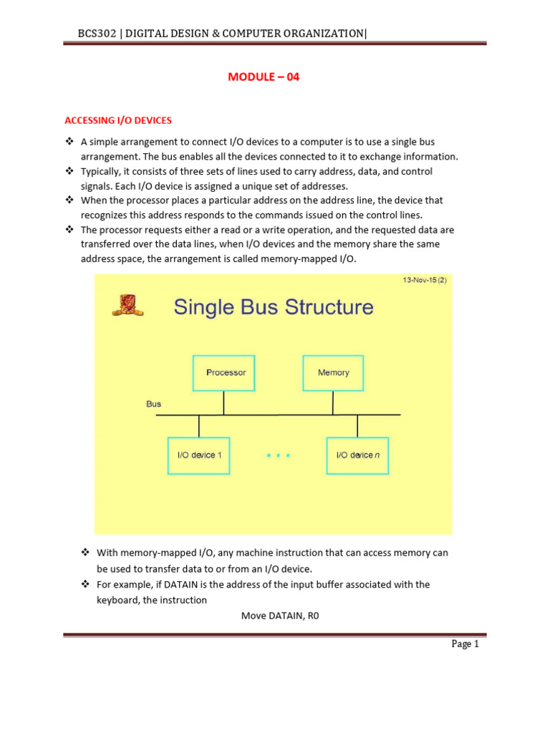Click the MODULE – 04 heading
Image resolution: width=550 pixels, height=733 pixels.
(x=263, y=77)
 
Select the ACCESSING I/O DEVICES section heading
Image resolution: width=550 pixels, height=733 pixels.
(x=118, y=120)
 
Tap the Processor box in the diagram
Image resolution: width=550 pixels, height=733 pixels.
(x=224, y=372)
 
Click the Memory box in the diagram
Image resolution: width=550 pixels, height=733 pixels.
(x=333, y=372)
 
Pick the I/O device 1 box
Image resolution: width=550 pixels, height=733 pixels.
(x=199, y=455)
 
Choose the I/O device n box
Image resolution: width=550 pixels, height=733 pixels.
(x=357, y=455)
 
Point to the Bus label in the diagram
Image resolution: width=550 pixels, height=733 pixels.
(x=154, y=404)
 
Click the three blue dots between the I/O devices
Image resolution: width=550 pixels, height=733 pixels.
(x=278, y=455)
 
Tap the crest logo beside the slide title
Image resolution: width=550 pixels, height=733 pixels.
(x=127, y=306)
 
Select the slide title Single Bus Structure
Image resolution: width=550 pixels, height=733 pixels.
(x=274, y=307)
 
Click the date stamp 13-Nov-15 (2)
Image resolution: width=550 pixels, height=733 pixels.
(x=424, y=281)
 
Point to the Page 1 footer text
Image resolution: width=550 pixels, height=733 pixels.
(x=465, y=644)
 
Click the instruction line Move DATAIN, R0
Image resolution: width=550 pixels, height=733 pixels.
(x=279, y=615)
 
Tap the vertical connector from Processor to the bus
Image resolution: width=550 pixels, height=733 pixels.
(x=224, y=402)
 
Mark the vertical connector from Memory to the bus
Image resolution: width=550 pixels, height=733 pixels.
(x=333, y=402)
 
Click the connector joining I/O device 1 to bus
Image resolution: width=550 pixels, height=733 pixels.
(x=199, y=426)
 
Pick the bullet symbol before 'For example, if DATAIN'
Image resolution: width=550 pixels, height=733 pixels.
(x=85, y=585)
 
